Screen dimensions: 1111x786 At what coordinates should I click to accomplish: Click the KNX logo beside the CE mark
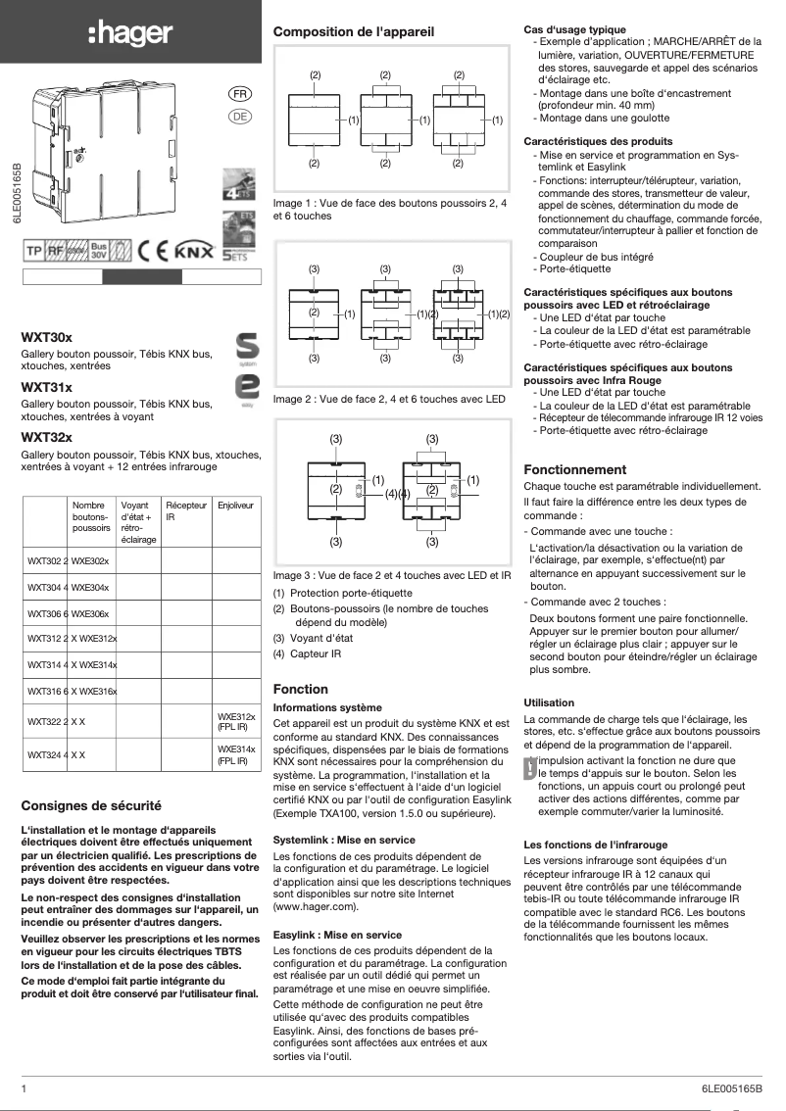point(192,251)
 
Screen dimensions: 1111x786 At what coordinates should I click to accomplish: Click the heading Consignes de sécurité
point(91,806)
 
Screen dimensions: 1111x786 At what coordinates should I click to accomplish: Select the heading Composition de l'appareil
point(354,32)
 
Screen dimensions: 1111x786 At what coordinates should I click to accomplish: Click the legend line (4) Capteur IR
point(308,653)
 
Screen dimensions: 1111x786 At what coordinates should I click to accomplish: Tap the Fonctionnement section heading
point(575,469)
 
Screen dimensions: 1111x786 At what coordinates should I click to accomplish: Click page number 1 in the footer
point(24,1088)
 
